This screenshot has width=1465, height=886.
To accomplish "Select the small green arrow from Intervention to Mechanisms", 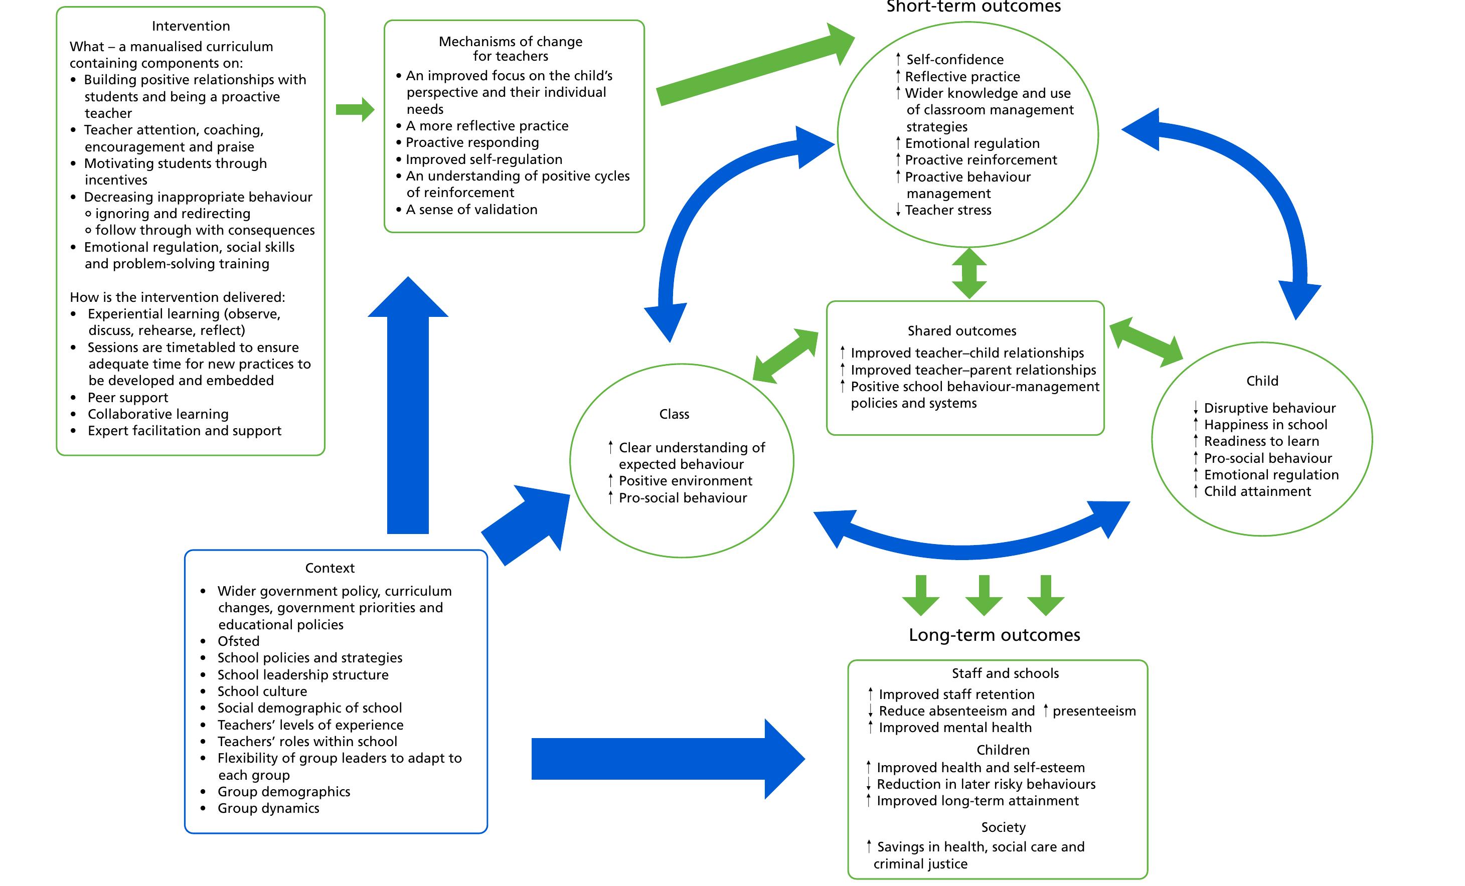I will tap(355, 109).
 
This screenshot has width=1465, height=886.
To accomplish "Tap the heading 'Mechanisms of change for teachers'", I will tap(510, 49).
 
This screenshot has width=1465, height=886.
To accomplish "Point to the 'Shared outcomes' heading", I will tap(961, 331).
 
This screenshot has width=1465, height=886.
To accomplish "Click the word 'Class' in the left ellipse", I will tap(674, 414).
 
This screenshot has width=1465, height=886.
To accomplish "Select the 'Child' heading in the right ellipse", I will tap(1262, 381).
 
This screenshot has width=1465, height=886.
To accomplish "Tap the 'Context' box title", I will tap(330, 568).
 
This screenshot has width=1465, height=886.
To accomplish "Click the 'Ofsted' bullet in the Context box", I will tap(238, 641).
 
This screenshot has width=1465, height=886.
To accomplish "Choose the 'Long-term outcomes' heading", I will tap(994, 635).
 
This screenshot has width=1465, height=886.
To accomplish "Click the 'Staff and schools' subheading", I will tap(1005, 673).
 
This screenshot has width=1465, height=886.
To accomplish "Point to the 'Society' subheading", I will tap(1003, 827).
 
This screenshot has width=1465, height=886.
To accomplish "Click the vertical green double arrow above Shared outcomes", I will tap(969, 273).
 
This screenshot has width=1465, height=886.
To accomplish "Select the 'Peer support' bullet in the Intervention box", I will tap(128, 398).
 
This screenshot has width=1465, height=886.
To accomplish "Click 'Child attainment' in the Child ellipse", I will tap(1257, 491).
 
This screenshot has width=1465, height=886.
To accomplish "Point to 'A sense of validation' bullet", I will tap(471, 210).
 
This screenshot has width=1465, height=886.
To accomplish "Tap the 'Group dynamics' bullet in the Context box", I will tap(268, 808).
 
